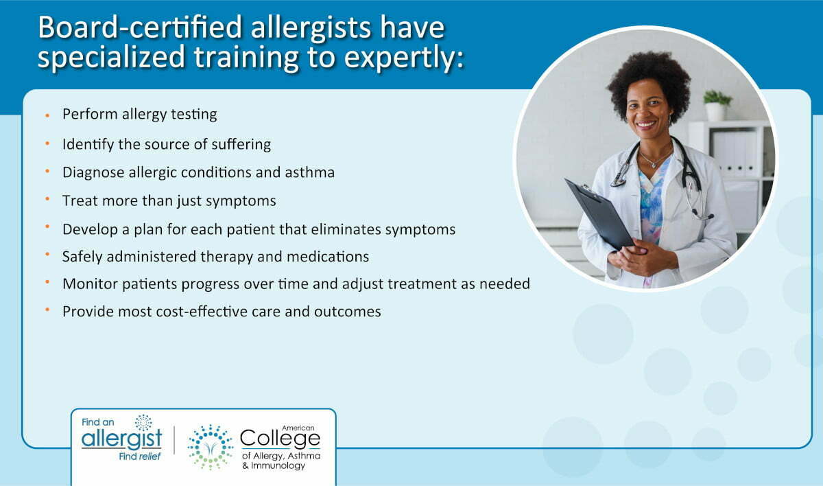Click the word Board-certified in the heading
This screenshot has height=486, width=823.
(141, 27)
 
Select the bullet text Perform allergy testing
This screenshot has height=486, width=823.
(140, 115)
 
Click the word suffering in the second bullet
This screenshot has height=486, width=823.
(241, 144)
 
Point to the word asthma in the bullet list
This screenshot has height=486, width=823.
(310, 172)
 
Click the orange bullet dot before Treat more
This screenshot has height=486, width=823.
(47, 199)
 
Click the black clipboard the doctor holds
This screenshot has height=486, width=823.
(599, 214)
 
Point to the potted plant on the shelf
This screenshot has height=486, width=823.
(717, 106)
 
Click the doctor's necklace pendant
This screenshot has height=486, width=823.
(654, 165)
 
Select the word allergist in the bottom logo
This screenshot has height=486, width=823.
(121, 439)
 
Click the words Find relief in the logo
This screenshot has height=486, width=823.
(140, 456)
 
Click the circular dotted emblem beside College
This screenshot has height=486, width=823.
(210, 448)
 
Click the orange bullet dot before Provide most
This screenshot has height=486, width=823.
(47, 310)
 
